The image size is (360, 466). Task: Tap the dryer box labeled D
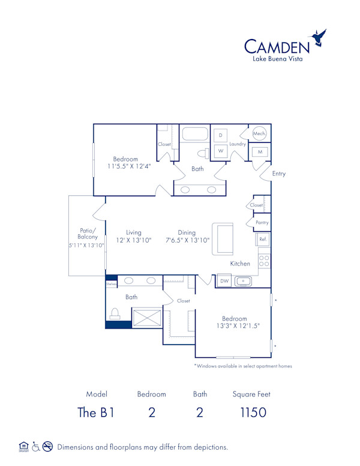tap(220, 136)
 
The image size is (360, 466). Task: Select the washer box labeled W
tap(220, 151)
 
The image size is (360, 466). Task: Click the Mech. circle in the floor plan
tap(259, 134)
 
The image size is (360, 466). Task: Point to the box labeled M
tap(260, 152)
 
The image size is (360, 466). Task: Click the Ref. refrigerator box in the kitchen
tap(263, 239)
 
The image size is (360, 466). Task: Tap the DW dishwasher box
tap(224, 280)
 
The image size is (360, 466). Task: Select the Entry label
tap(279, 174)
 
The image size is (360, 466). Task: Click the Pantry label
tap(262, 222)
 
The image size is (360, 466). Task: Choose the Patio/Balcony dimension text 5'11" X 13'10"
tap(86, 245)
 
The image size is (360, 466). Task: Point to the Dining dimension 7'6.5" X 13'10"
tap(187, 240)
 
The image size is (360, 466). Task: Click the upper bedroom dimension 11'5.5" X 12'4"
tap(128, 166)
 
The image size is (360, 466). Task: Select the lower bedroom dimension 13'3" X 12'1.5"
tap(235, 326)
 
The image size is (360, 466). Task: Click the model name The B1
tap(97, 413)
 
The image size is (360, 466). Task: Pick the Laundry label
tap(238, 144)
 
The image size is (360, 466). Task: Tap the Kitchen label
tap(240, 264)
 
